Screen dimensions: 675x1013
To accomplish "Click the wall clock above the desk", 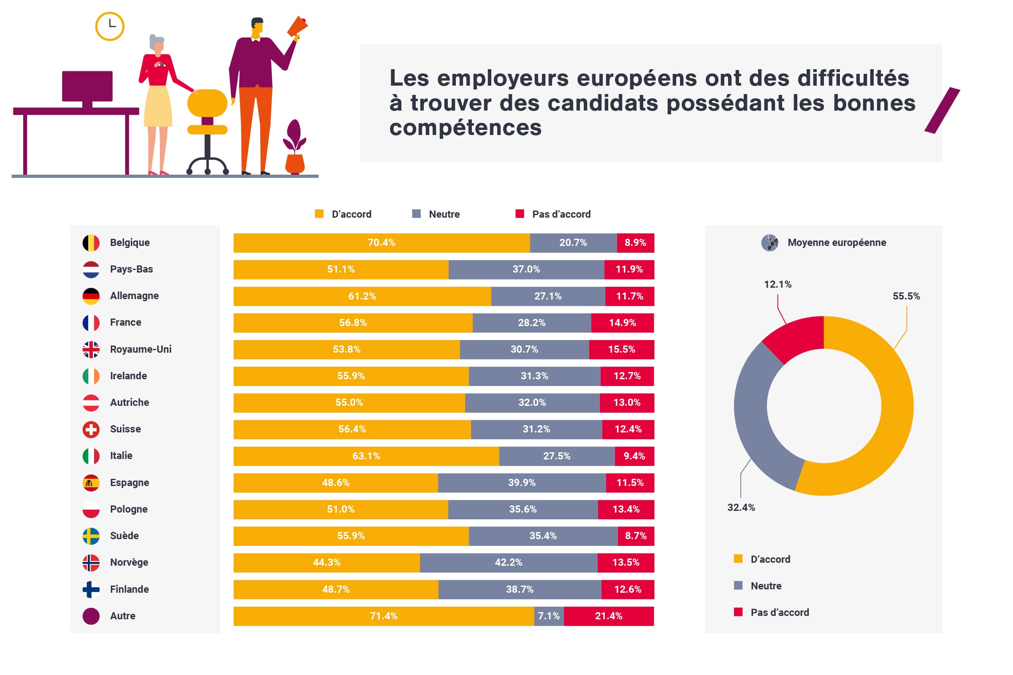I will [x=110, y=26].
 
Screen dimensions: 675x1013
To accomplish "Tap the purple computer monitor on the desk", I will [x=87, y=86].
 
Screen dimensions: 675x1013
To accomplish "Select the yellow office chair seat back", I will [x=207, y=103].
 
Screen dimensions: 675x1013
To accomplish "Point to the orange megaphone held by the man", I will [x=298, y=27].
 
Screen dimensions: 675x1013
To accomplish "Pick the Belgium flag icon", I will [x=91, y=243].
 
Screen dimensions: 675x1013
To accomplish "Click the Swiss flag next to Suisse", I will [x=91, y=429].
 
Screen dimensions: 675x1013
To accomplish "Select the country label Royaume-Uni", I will [x=141, y=349].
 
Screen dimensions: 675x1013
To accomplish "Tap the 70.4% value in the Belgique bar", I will [x=381, y=243].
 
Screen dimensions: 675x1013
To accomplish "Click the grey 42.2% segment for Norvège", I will [x=508, y=563].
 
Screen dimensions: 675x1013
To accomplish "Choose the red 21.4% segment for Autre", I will [x=609, y=616].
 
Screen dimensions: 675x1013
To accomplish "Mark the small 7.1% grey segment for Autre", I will [x=549, y=616].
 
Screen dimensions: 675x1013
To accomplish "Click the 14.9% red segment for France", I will [x=622, y=323].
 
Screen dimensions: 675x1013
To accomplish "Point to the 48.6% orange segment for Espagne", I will [x=336, y=483].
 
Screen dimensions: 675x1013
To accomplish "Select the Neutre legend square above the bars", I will [x=416, y=214].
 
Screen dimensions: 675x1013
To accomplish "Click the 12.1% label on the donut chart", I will [x=777, y=284].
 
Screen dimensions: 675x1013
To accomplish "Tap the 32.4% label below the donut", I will [x=741, y=508].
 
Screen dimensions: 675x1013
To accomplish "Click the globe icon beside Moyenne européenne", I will [x=769, y=243].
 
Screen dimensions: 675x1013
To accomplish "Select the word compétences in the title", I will [x=465, y=128].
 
